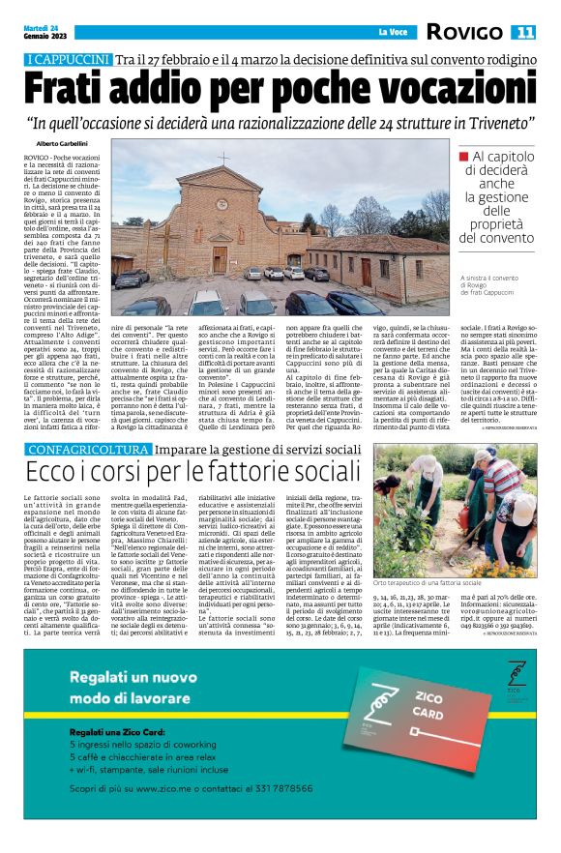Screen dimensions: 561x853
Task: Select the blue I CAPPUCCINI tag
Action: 69,61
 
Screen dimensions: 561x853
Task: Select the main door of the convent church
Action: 221,258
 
